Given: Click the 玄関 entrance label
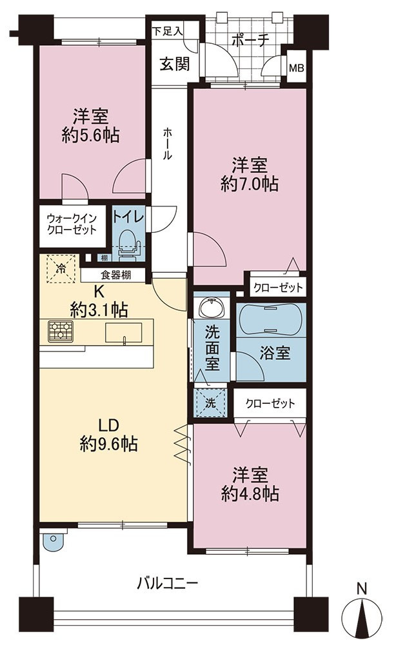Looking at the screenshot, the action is [175, 64].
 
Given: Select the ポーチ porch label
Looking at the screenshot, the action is [250, 41].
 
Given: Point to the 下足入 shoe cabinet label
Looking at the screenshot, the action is [168, 32].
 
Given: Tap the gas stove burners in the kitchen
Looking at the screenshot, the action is [61, 331].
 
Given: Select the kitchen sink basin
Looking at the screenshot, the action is [123, 333].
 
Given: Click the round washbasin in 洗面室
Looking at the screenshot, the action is [212, 307].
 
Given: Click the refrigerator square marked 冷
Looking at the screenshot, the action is [61, 269].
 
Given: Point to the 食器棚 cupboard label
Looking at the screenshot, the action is [115, 275].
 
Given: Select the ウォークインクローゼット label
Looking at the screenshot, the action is [72, 224].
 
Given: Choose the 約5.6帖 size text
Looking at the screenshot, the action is [90, 135].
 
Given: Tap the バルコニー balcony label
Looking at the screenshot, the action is [168, 583].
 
